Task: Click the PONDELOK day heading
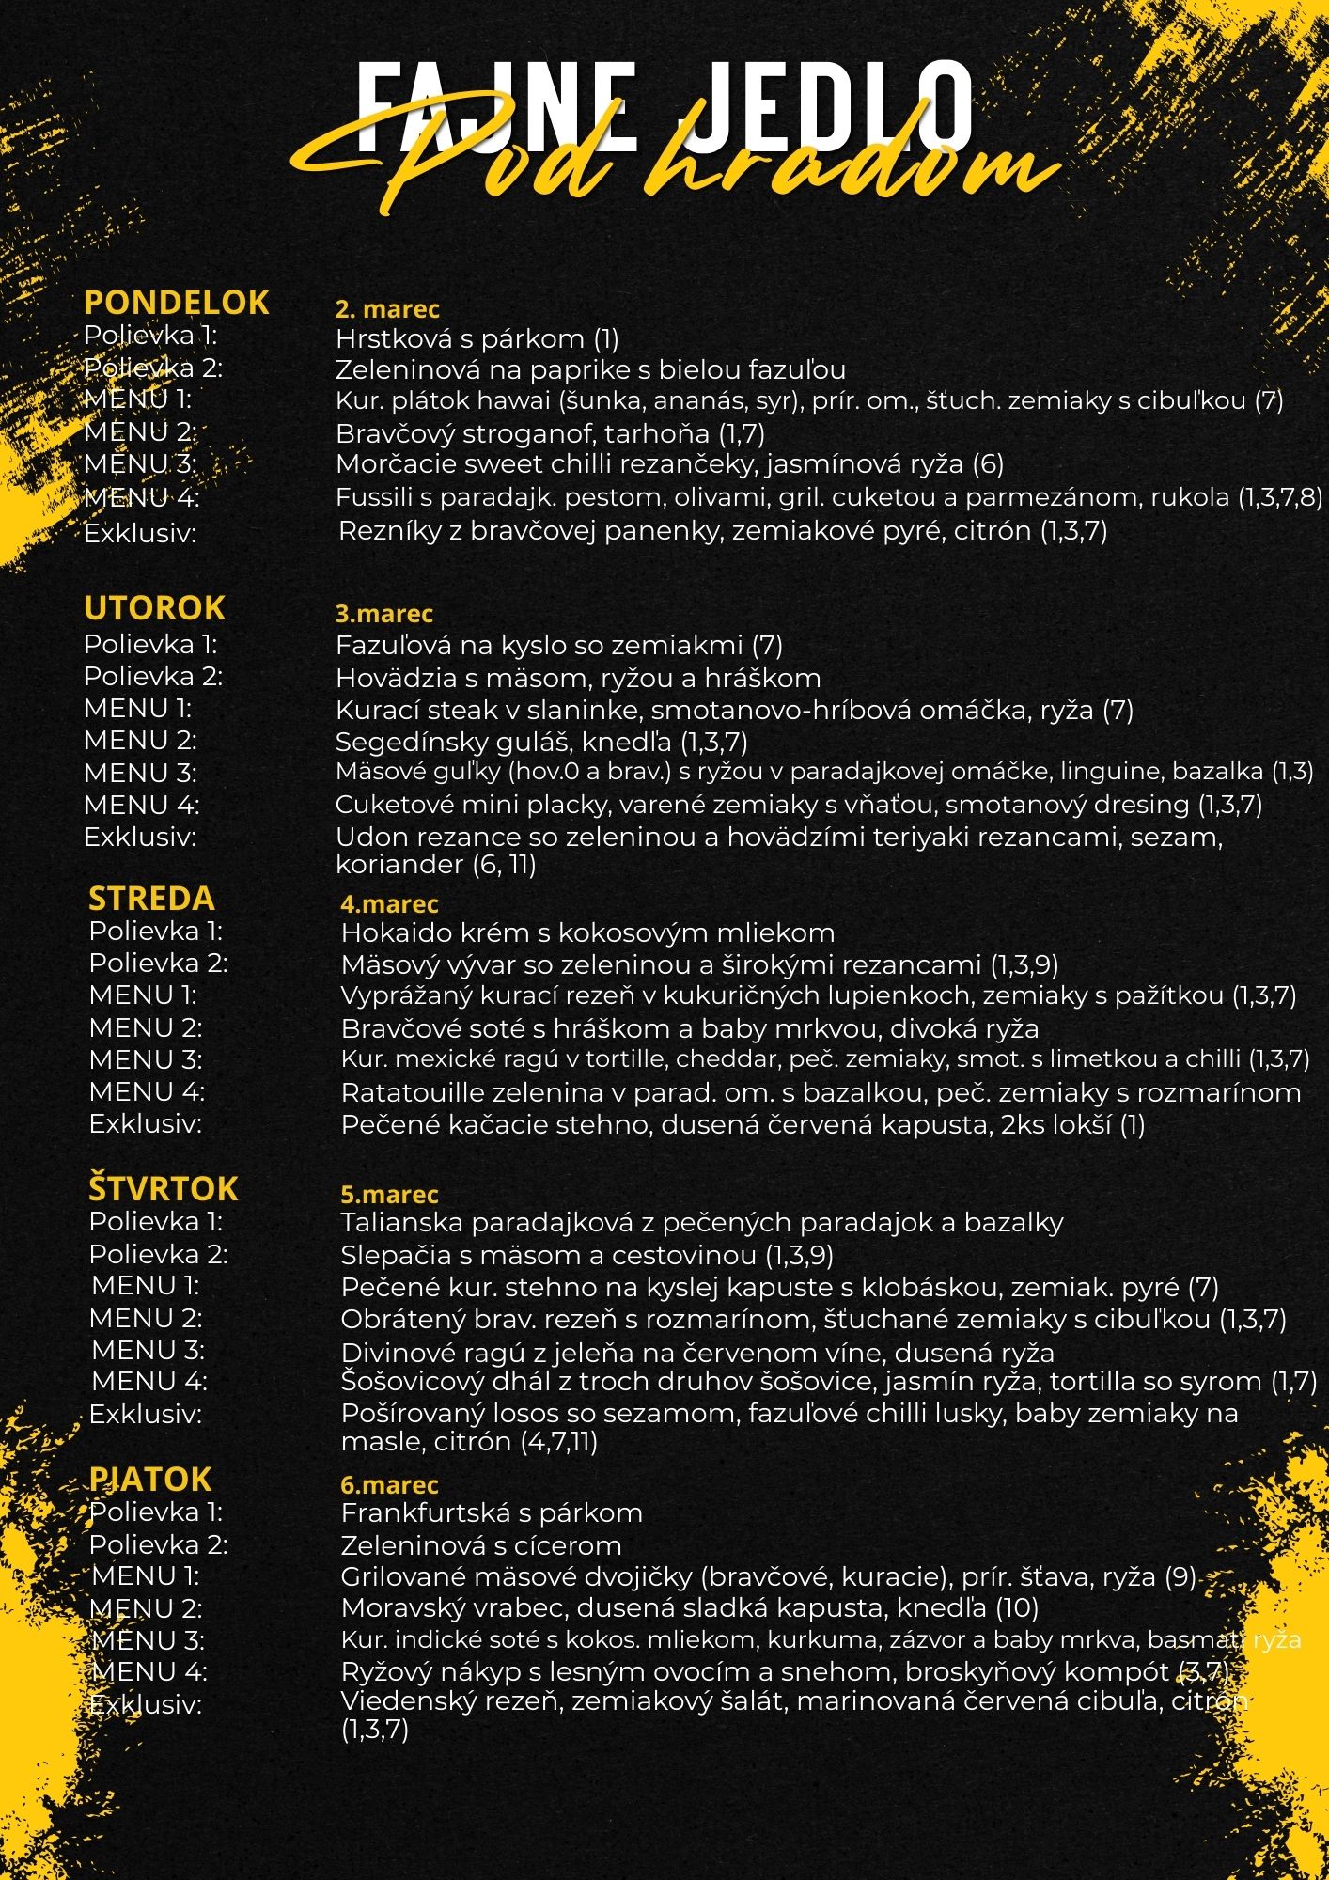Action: (177, 303)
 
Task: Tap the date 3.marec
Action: (383, 614)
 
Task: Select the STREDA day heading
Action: (151, 899)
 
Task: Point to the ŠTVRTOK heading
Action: (164, 1189)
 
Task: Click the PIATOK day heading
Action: (150, 1480)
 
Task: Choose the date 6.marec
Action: (389, 1485)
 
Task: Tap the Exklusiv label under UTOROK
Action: (140, 838)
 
